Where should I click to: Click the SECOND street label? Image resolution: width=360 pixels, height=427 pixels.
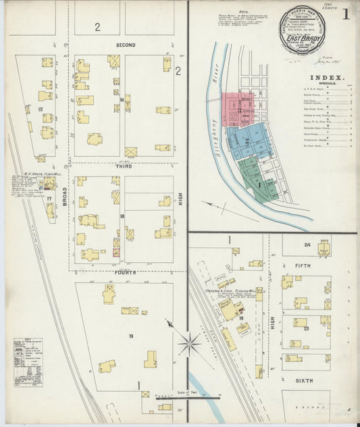point(126,45)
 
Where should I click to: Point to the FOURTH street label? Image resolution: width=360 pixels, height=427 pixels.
point(126,272)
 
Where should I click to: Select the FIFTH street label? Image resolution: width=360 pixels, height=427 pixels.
point(303,266)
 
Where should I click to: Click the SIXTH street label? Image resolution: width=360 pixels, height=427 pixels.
point(304,381)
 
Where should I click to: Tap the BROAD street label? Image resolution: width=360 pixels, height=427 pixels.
point(66,196)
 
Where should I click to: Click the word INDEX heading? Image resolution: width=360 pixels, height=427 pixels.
point(327,78)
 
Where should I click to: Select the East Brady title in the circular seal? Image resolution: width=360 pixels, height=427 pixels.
point(303,37)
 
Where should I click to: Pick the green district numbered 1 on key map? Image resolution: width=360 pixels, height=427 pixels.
point(258,180)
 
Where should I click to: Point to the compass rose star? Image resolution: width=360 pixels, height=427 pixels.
point(189,345)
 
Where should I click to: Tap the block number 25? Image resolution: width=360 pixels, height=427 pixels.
point(306,328)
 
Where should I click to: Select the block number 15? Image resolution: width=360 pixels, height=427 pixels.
point(41,109)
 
